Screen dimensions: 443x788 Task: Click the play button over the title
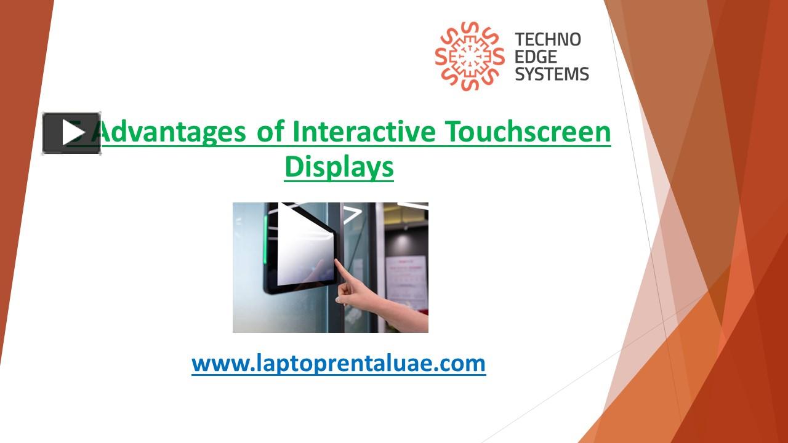[71, 133]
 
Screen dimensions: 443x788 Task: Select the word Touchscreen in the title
[528, 131]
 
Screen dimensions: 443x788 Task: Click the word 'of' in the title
[270, 131]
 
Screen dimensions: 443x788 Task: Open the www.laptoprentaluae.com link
[339, 363]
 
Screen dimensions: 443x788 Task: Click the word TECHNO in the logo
[548, 40]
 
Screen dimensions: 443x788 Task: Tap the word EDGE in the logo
[536, 57]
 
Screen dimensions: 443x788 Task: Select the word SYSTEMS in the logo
[552, 74]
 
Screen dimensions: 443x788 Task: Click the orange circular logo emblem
[469, 56]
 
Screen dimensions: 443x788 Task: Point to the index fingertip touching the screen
[336, 263]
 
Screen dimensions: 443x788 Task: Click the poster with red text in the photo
[406, 280]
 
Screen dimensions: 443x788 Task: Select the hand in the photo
[363, 295]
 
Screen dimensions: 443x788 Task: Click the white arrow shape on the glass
[352, 214]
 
